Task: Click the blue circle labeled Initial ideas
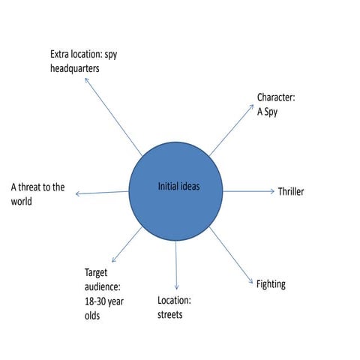click(175, 191)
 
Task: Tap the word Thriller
click(291, 192)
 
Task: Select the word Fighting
click(271, 284)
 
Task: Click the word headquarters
click(75, 68)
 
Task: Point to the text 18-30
click(94, 301)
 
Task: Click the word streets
click(170, 315)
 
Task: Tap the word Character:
click(276, 97)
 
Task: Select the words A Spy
click(267, 112)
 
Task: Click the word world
click(22, 201)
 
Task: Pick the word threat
click(29, 187)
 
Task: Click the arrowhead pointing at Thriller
click(272, 191)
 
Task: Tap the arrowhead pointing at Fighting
click(251, 281)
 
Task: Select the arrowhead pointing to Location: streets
click(176, 287)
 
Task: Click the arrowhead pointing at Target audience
click(114, 259)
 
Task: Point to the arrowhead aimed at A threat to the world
click(78, 193)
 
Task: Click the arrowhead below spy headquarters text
click(86, 80)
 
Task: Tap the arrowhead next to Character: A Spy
click(252, 106)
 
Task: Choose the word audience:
click(103, 287)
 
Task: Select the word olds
click(92, 316)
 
